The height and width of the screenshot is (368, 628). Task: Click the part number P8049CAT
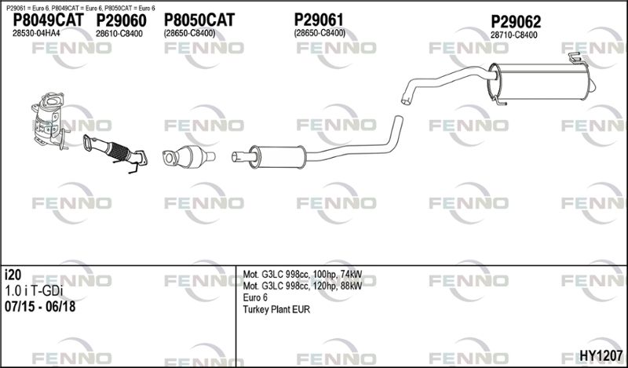tap(49, 20)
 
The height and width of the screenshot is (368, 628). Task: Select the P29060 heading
tap(121, 20)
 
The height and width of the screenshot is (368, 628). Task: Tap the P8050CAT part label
tap(199, 20)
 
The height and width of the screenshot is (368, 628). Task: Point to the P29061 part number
tap(319, 20)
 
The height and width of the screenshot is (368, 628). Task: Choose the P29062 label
tap(516, 22)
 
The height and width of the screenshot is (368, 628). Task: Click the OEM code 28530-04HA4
tap(36, 33)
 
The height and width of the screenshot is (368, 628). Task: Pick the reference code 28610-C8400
tap(119, 34)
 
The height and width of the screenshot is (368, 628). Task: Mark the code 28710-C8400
tap(514, 35)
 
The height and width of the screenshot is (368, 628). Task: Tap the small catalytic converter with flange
tap(188, 157)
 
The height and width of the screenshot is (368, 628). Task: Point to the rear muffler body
tap(541, 82)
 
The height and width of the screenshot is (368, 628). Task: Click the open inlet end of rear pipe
tap(406, 100)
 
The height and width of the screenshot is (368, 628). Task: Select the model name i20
tap(13, 275)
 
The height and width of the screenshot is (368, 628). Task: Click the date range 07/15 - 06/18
tap(40, 306)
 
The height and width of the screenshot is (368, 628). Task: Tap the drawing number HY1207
tap(601, 355)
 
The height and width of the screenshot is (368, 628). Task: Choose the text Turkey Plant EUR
tap(276, 309)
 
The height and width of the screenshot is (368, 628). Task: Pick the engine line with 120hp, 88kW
tap(302, 286)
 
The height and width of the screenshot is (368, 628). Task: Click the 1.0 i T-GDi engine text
tap(34, 291)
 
